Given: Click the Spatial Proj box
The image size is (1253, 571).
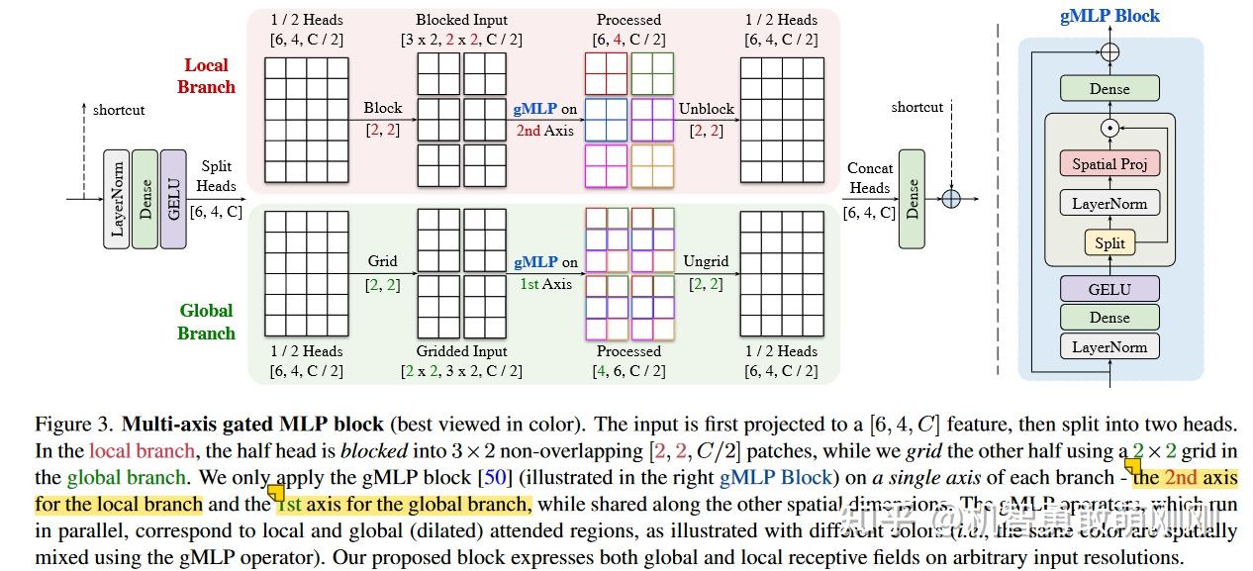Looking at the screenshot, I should (x=1109, y=164).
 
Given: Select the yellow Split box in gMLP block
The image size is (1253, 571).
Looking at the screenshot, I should (x=1109, y=242).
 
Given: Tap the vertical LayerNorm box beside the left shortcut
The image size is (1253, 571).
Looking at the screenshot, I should (x=117, y=199).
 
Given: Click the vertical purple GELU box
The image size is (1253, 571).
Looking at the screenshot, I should (x=173, y=199).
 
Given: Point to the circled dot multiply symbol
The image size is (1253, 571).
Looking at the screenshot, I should (x=1109, y=127).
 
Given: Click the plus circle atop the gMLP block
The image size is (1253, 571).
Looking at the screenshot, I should (x=1109, y=51).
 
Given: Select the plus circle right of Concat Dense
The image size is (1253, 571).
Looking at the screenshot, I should (x=950, y=199).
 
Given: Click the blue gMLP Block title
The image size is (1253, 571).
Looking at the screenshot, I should (x=1109, y=16).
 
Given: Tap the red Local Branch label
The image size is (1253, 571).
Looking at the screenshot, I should (x=206, y=76).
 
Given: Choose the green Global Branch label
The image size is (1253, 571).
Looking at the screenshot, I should (x=206, y=322).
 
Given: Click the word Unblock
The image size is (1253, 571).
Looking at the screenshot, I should (x=707, y=108).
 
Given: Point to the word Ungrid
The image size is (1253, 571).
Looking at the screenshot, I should (x=706, y=261).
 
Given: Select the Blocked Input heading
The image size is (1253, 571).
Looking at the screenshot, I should (x=461, y=20).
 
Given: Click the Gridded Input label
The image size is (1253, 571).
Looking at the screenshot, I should (x=461, y=351).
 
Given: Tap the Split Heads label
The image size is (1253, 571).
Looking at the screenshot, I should (x=217, y=176).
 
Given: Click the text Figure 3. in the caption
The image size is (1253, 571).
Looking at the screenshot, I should (x=74, y=425).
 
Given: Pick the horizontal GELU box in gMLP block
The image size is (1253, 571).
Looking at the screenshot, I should (x=1109, y=288).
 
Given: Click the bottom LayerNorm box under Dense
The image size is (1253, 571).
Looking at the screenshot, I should (x=1109, y=347).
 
